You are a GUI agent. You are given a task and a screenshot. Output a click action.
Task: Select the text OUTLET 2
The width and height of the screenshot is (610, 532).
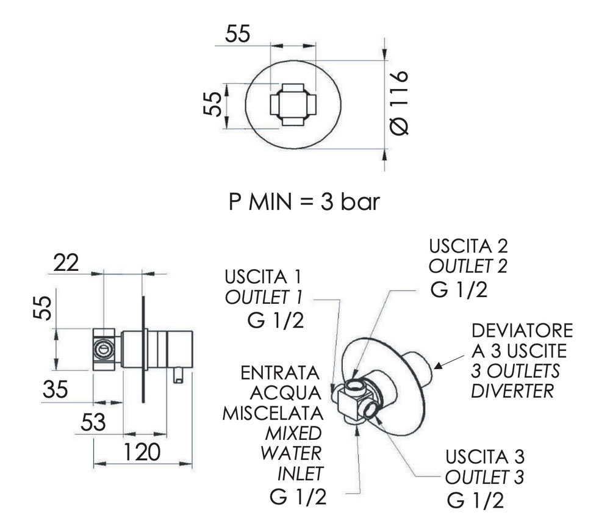pos(468,267)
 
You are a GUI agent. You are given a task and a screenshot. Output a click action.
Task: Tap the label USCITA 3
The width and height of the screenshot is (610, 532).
pos(486,456)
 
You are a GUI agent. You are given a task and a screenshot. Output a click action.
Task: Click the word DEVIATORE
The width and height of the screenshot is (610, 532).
pos(523,331)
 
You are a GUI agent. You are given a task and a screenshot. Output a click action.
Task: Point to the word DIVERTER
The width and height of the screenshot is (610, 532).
pos(512,390)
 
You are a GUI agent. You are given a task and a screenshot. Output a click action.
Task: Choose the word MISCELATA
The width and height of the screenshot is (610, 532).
pos(271,413)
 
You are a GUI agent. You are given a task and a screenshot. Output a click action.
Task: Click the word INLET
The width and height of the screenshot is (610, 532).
pos(300,473)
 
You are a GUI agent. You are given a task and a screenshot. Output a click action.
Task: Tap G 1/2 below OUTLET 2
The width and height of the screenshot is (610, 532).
pos(459,290)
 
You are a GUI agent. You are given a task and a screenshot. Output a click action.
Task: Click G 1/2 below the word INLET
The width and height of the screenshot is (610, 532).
pos(297,497)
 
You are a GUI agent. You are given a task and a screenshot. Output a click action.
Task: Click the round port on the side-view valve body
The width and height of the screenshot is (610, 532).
pos(105,350)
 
